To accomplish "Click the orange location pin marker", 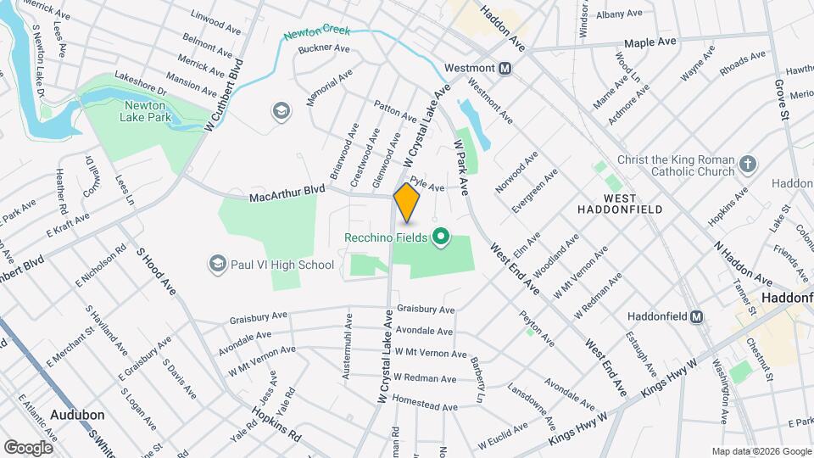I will pos(407,202).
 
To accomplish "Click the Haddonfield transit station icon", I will pos(697,316).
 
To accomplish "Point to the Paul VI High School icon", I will pos(218,265).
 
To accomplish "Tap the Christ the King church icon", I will pos(747,163).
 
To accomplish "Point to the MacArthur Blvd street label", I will pos(287,197).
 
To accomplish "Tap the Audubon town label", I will pos(76,415).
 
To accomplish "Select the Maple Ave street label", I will pos(650,42).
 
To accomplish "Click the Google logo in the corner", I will pos(28,447).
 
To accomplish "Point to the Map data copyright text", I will pos(761,451).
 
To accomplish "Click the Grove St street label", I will pos(781,98).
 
